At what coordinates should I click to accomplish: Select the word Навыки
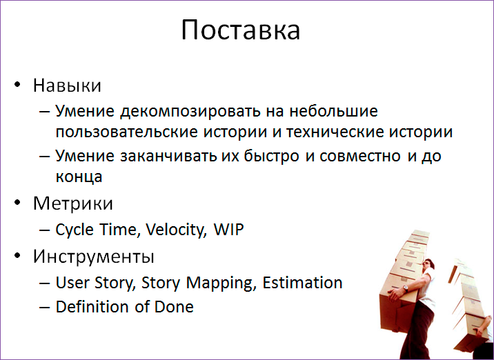point(68,86)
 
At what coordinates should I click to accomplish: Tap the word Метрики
point(73,204)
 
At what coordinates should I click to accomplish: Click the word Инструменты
point(94,257)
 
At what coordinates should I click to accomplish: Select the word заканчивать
point(163,157)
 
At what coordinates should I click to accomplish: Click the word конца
point(79,176)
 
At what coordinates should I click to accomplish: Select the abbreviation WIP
point(228,230)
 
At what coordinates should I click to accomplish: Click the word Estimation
point(304,283)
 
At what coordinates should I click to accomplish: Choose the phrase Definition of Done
point(124,307)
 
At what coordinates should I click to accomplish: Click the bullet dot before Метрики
point(19,205)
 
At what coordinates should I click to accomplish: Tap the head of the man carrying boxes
point(428,265)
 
